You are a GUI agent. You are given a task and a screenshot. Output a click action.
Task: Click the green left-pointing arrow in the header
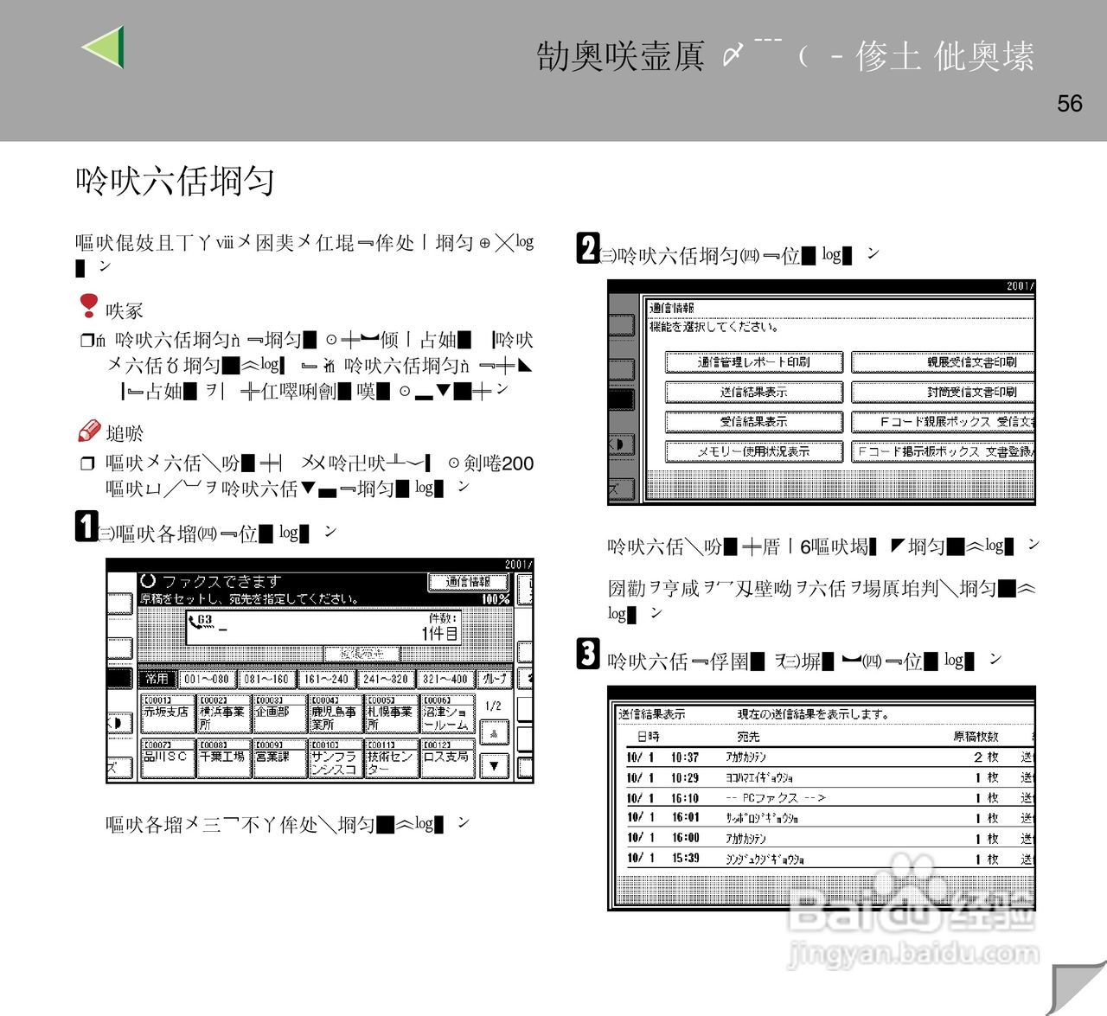(x=105, y=48)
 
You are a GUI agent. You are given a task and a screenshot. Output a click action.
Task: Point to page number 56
(x=1069, y=104)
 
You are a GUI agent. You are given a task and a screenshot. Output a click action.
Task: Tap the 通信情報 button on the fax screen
(x=468, y=583)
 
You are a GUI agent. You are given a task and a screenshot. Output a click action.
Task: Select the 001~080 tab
(x=206, y=679)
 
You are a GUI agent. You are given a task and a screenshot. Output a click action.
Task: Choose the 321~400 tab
(x=445, y=679)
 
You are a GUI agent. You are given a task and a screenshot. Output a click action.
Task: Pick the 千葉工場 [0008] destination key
(x=223, y=757)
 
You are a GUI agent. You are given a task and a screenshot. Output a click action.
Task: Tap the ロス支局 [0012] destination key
(x=447, y=757)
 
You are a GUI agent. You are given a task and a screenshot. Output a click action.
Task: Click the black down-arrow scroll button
(x=494, y=766)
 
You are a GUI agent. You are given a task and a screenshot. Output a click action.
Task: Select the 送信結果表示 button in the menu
(x=753, y=392)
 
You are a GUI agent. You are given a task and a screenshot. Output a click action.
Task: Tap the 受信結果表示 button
(x=753, y=422)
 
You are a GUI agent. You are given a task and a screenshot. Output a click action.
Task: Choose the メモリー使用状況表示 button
(x=753, y=451)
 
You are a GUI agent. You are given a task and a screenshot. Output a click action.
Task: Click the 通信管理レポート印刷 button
(x=753, y=362)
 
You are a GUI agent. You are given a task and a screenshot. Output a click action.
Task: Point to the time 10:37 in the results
(x=685, y=757)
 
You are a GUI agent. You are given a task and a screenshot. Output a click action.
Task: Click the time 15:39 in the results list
(x=685, y=859)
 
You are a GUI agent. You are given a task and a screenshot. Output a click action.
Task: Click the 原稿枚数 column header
(x=976, y=737)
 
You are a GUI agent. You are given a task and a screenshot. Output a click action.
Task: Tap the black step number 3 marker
(x=588, y=654)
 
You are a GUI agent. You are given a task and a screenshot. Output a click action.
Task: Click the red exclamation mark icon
(x=88, y=305)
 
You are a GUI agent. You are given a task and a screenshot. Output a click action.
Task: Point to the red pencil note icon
(x=89, y=431)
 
